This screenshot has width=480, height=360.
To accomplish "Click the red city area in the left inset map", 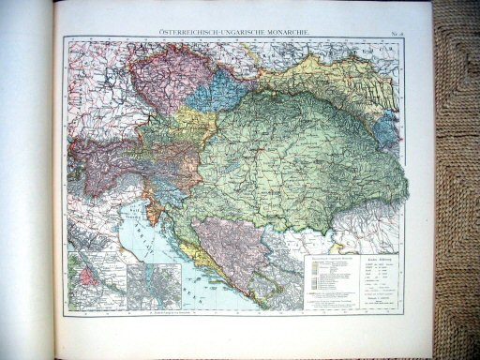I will coord(93,276).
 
